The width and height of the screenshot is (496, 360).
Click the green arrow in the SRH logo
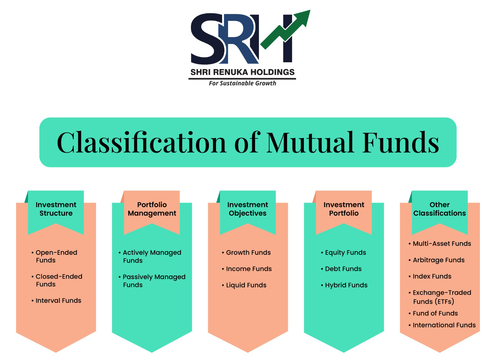(x=286, y=30)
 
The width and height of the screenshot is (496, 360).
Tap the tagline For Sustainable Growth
(x=242, y=83)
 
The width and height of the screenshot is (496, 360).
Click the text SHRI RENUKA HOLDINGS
(x=242, y=72)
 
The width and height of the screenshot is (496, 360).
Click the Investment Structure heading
(x=56, y=209)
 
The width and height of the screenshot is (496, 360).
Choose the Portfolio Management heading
(x=152, y=209)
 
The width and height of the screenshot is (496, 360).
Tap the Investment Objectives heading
(x=248, y=209)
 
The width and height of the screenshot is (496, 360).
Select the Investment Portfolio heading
(x=344, y=209)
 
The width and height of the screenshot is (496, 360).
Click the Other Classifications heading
(x=440, y=209)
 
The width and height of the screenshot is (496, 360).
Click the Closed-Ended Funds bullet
(x=57, y=280)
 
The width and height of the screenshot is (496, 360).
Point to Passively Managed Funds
(x=152, y=281)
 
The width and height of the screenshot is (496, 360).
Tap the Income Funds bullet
(x=247, y=269)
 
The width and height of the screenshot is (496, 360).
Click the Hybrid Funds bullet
(x=344, y=285)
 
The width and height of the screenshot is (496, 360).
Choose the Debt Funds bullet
(x=341, y=269)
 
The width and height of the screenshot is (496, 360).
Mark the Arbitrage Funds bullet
(x=436, y=260)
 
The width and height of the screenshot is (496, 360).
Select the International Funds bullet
(x=442, y=325)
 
